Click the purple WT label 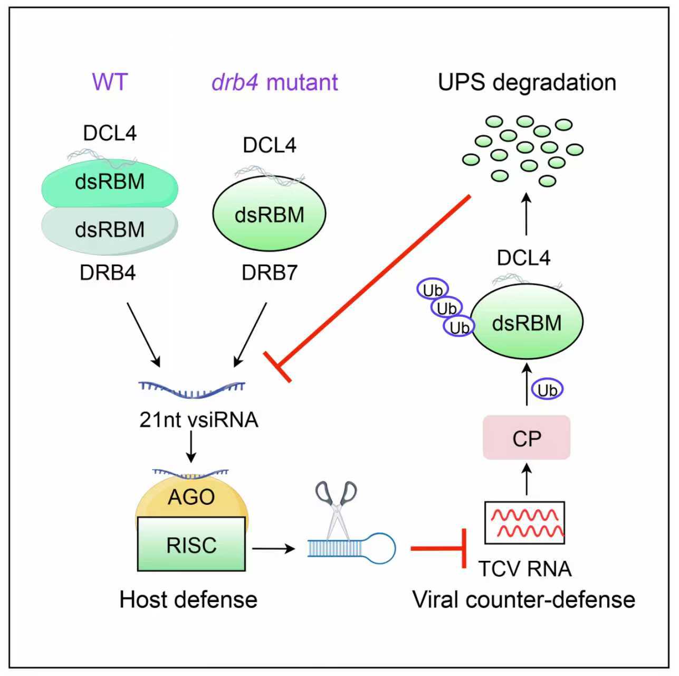110,82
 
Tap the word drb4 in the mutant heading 234,82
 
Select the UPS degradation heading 527,82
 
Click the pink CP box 527,438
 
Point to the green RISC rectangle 191,544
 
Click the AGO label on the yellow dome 191,497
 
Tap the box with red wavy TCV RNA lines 524,522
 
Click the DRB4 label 108,273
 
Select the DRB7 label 269,273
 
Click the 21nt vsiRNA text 199,419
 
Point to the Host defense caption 188,600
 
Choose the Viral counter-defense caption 523,600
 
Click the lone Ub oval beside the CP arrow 547,390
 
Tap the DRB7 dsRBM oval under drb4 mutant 269,214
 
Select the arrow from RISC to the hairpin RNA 273,548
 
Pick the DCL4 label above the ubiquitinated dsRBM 523,258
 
